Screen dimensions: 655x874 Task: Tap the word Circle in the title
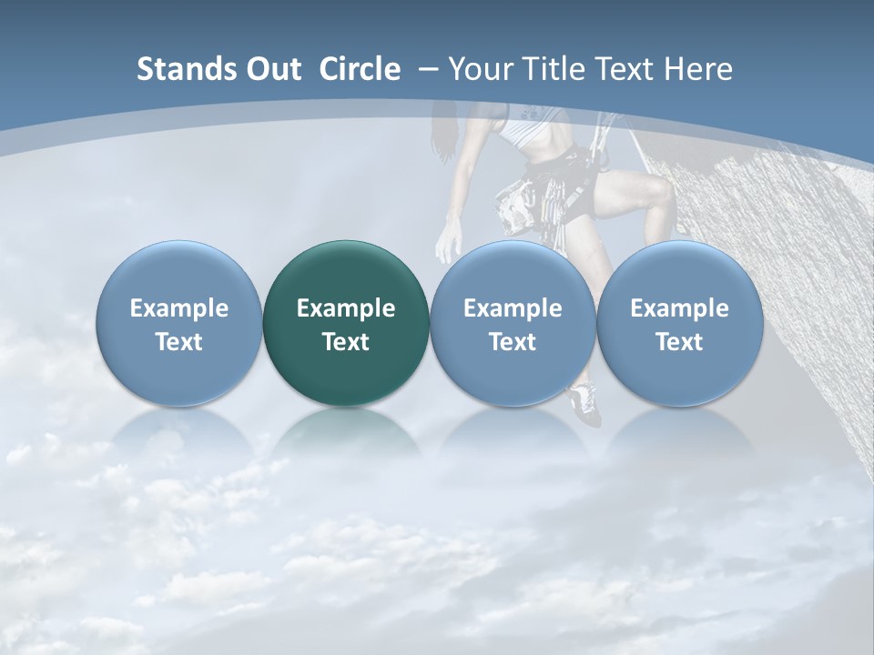pyautogui.click(x=360, y=69)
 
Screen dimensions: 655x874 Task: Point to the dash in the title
pyautogui.click(x=426, y=69)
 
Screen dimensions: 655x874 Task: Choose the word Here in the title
pyautogui.click(x=697, y=69)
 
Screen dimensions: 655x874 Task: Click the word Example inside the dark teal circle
pyautogui.click(x=346, y=308)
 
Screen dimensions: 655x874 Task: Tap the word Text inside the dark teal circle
pyautogui.click(x=346, y=342)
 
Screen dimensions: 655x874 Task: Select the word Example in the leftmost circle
pyautogui.click(x=179, y=308)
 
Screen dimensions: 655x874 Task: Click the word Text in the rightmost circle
pyautogui.click(x=679, y=342)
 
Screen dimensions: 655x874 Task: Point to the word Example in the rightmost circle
pyautogui.click(x=679, y=308)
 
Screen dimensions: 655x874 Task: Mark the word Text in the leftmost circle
pyautogui.click(x=179, y=342)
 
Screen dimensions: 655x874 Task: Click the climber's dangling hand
pyautogui.click(x=448, y=244)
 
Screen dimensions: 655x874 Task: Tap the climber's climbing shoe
pyautogui.click(x=584, y=403)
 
